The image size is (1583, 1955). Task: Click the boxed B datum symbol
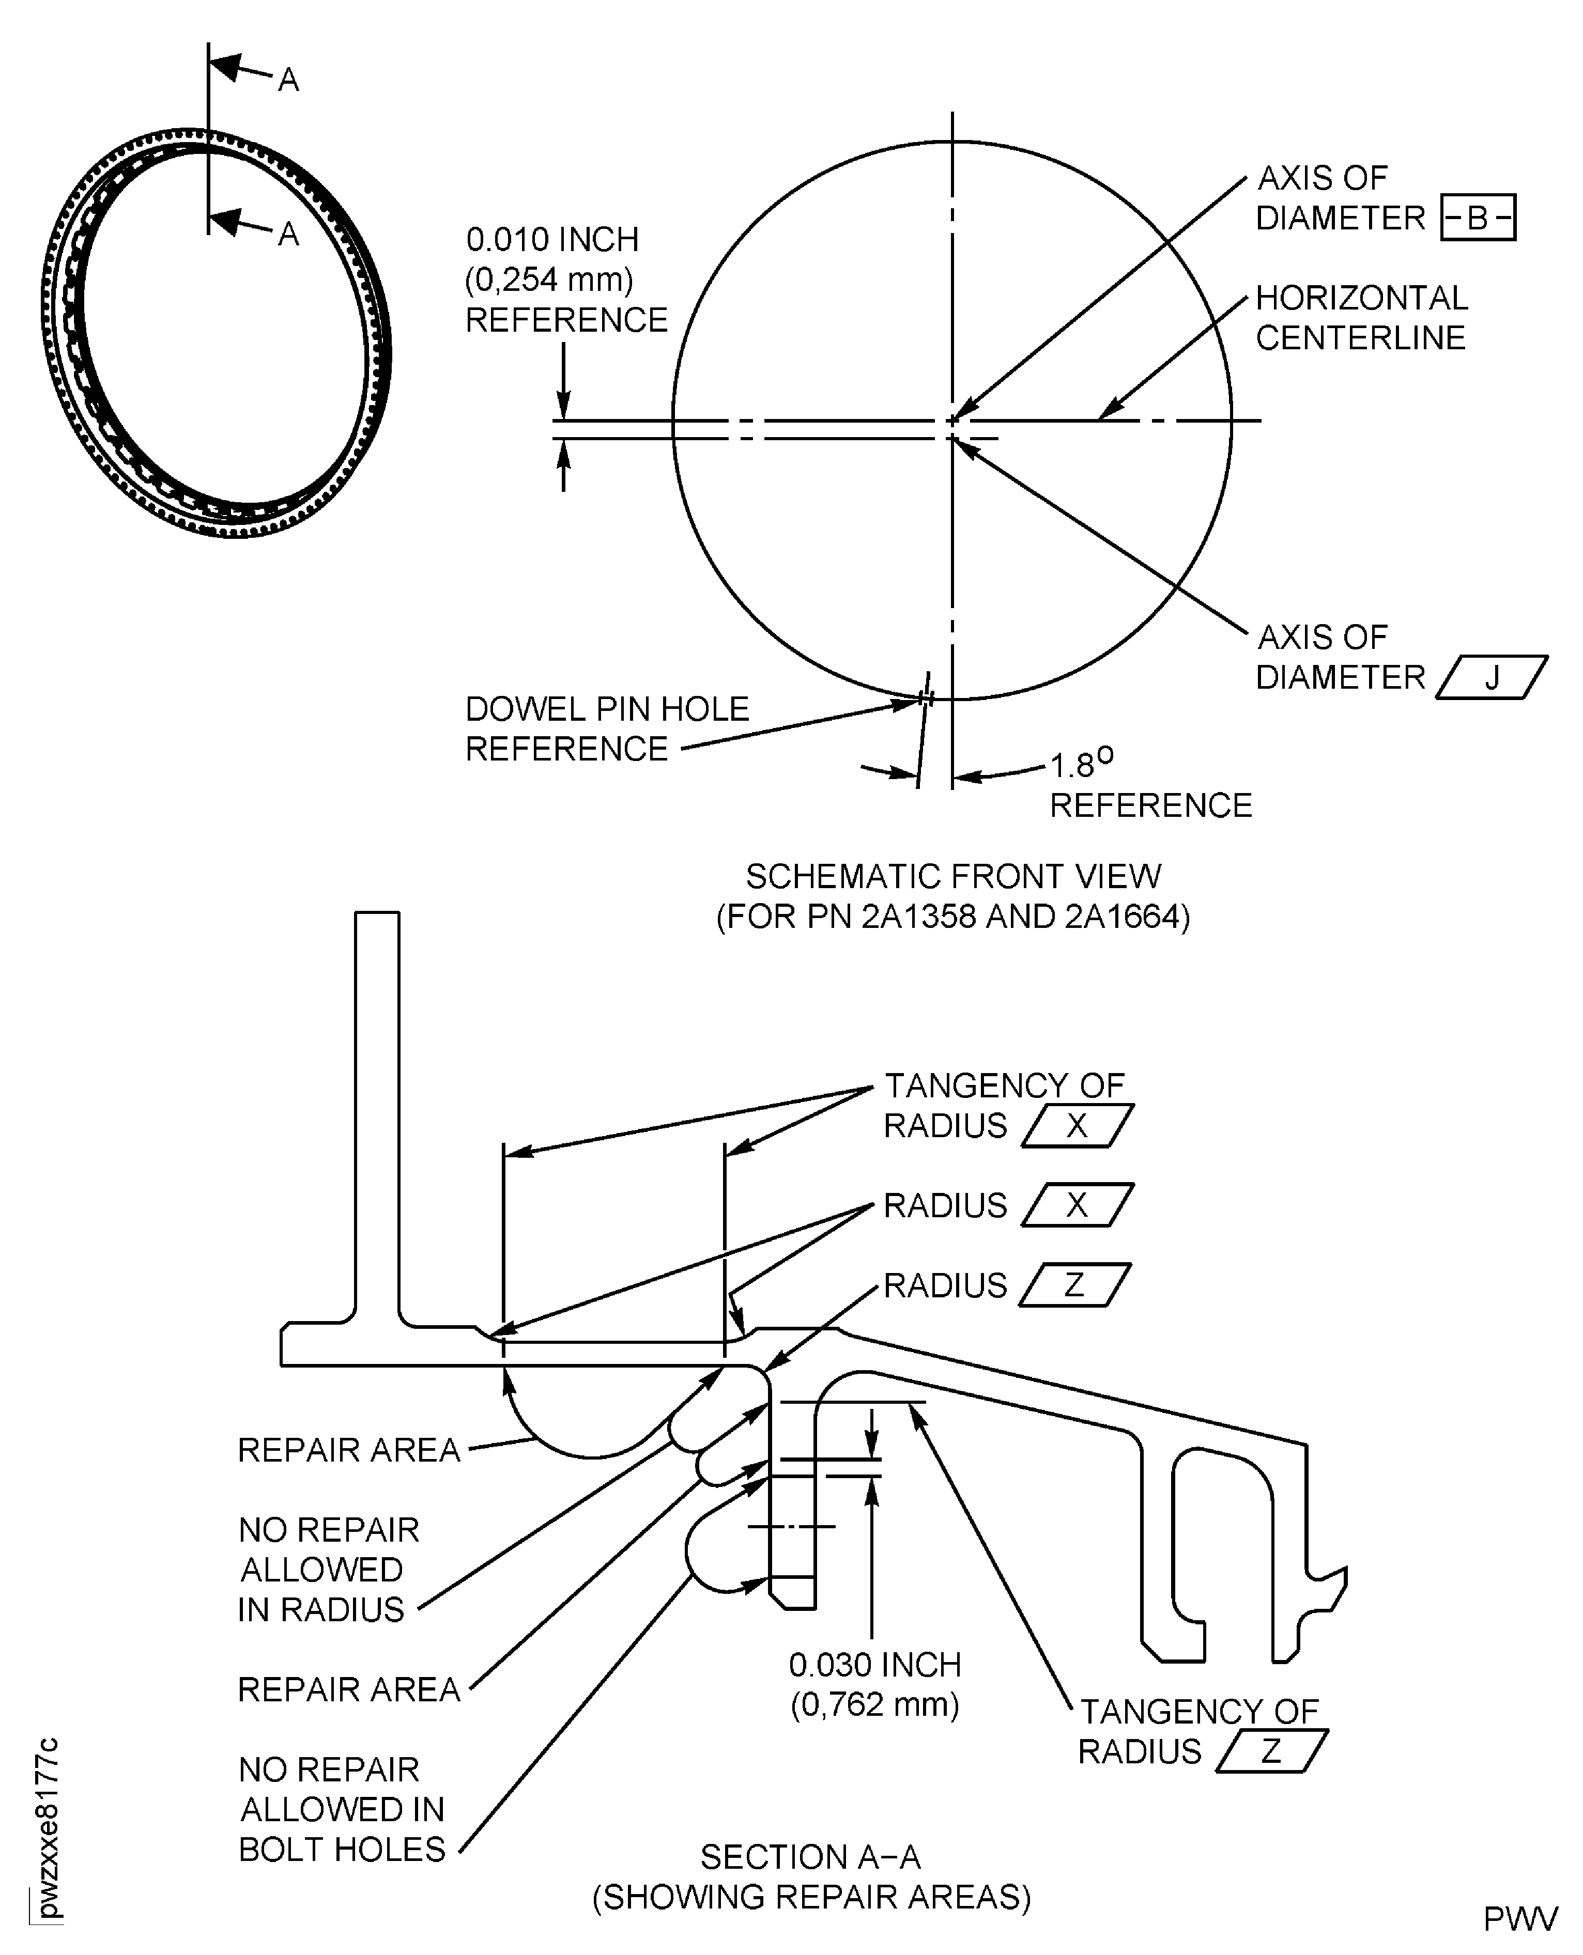click(x=1477, y=218)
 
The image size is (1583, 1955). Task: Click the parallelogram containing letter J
click(x=1492, y=678)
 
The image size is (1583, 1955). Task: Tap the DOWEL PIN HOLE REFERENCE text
click(x=606, y=729)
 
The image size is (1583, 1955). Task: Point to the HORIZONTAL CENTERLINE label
click(x=1360, y=318)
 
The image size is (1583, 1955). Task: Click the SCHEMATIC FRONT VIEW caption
click(x=953, y=877)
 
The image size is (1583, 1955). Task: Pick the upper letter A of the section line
click(x=288, y=81)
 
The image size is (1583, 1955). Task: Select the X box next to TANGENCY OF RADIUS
click(x=1077, y=1126)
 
